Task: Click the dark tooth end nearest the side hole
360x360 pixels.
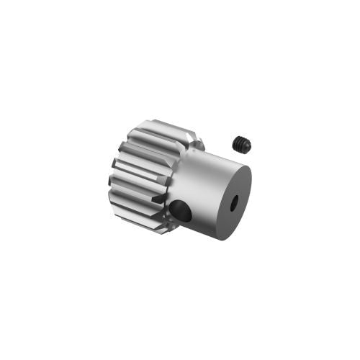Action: pos(160,198)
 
